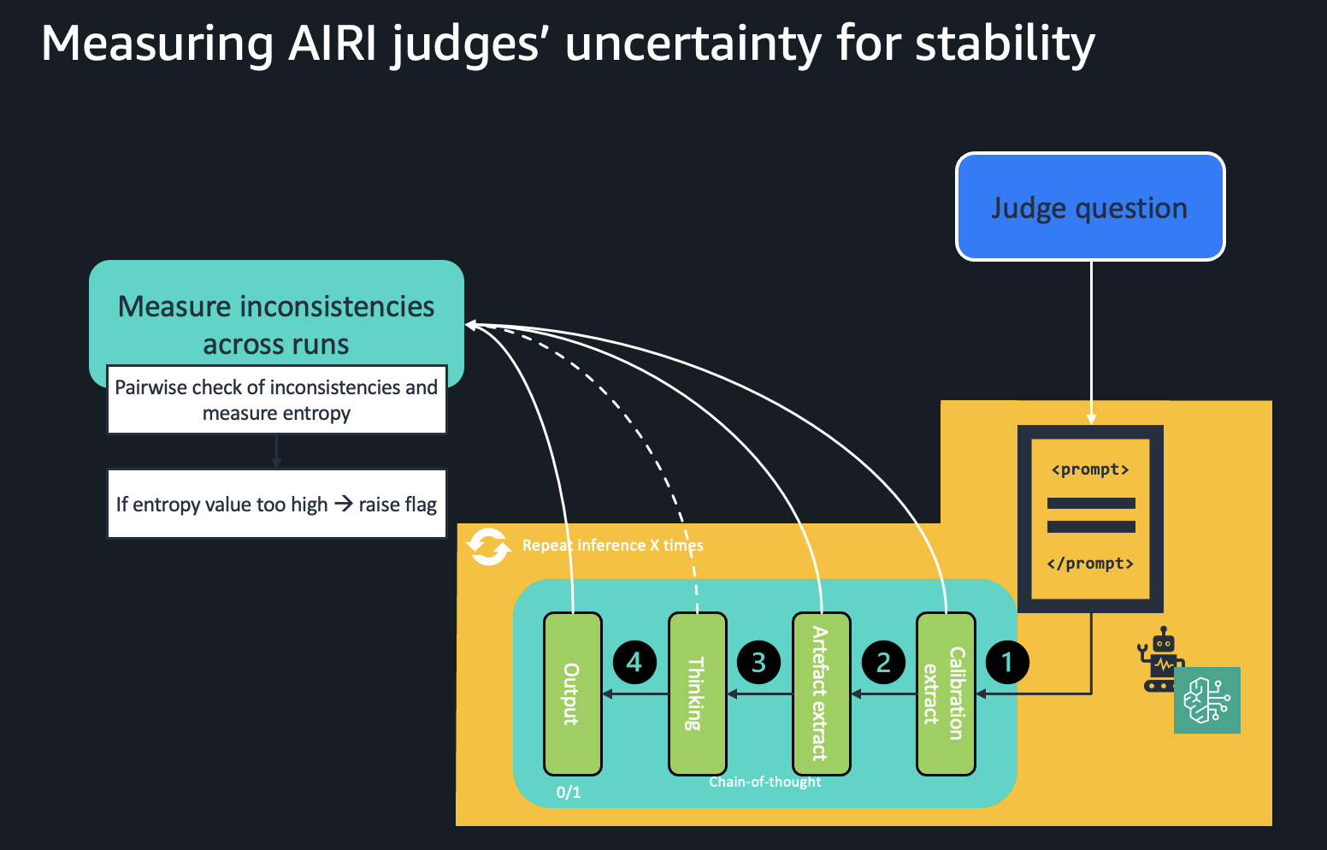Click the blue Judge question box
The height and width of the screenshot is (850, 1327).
pyautogui.click(x=1089, y=207)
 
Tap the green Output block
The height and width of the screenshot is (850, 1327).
pyautogui.click(x=572, y=694)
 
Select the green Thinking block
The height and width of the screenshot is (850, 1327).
pyautogui.click(x=697, y=694)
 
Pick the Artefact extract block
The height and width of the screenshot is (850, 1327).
pyautogui.click(x=821, y=694)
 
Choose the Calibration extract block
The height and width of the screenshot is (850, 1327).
pyautogui.click(x=945, y=694)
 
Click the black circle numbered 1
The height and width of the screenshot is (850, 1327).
pyautogui.click(x=1007, y=662)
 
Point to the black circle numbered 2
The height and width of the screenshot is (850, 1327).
pyautogui.click(x=883, y=662)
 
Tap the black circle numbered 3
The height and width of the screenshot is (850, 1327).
pyautogui.click(x=758, y=662)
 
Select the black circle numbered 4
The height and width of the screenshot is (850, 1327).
pyautogui.click(x=634, y=662)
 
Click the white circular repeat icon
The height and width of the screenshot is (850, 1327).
pyautogui.click(x=488, y=546)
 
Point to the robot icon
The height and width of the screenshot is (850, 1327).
pyautogui.click(x=1160, y=659)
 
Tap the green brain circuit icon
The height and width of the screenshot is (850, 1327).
pyautogui.click(x=1206, y=700)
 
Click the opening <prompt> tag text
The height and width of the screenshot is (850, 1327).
pyautogui.click(x=1090, y=469)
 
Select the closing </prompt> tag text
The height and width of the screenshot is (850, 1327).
pyautogui.click(x=1090, y=564)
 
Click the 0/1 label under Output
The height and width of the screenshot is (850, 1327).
pyautogui.click(x=569, y=793)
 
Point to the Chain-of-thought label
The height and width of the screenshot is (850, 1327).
pyautogui.click(x=764, y=782)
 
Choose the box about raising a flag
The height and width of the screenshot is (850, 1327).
pyautogui.click(x=276, y=504)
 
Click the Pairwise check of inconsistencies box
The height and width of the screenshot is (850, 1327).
pyautogui.click(x=276, y=400)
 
